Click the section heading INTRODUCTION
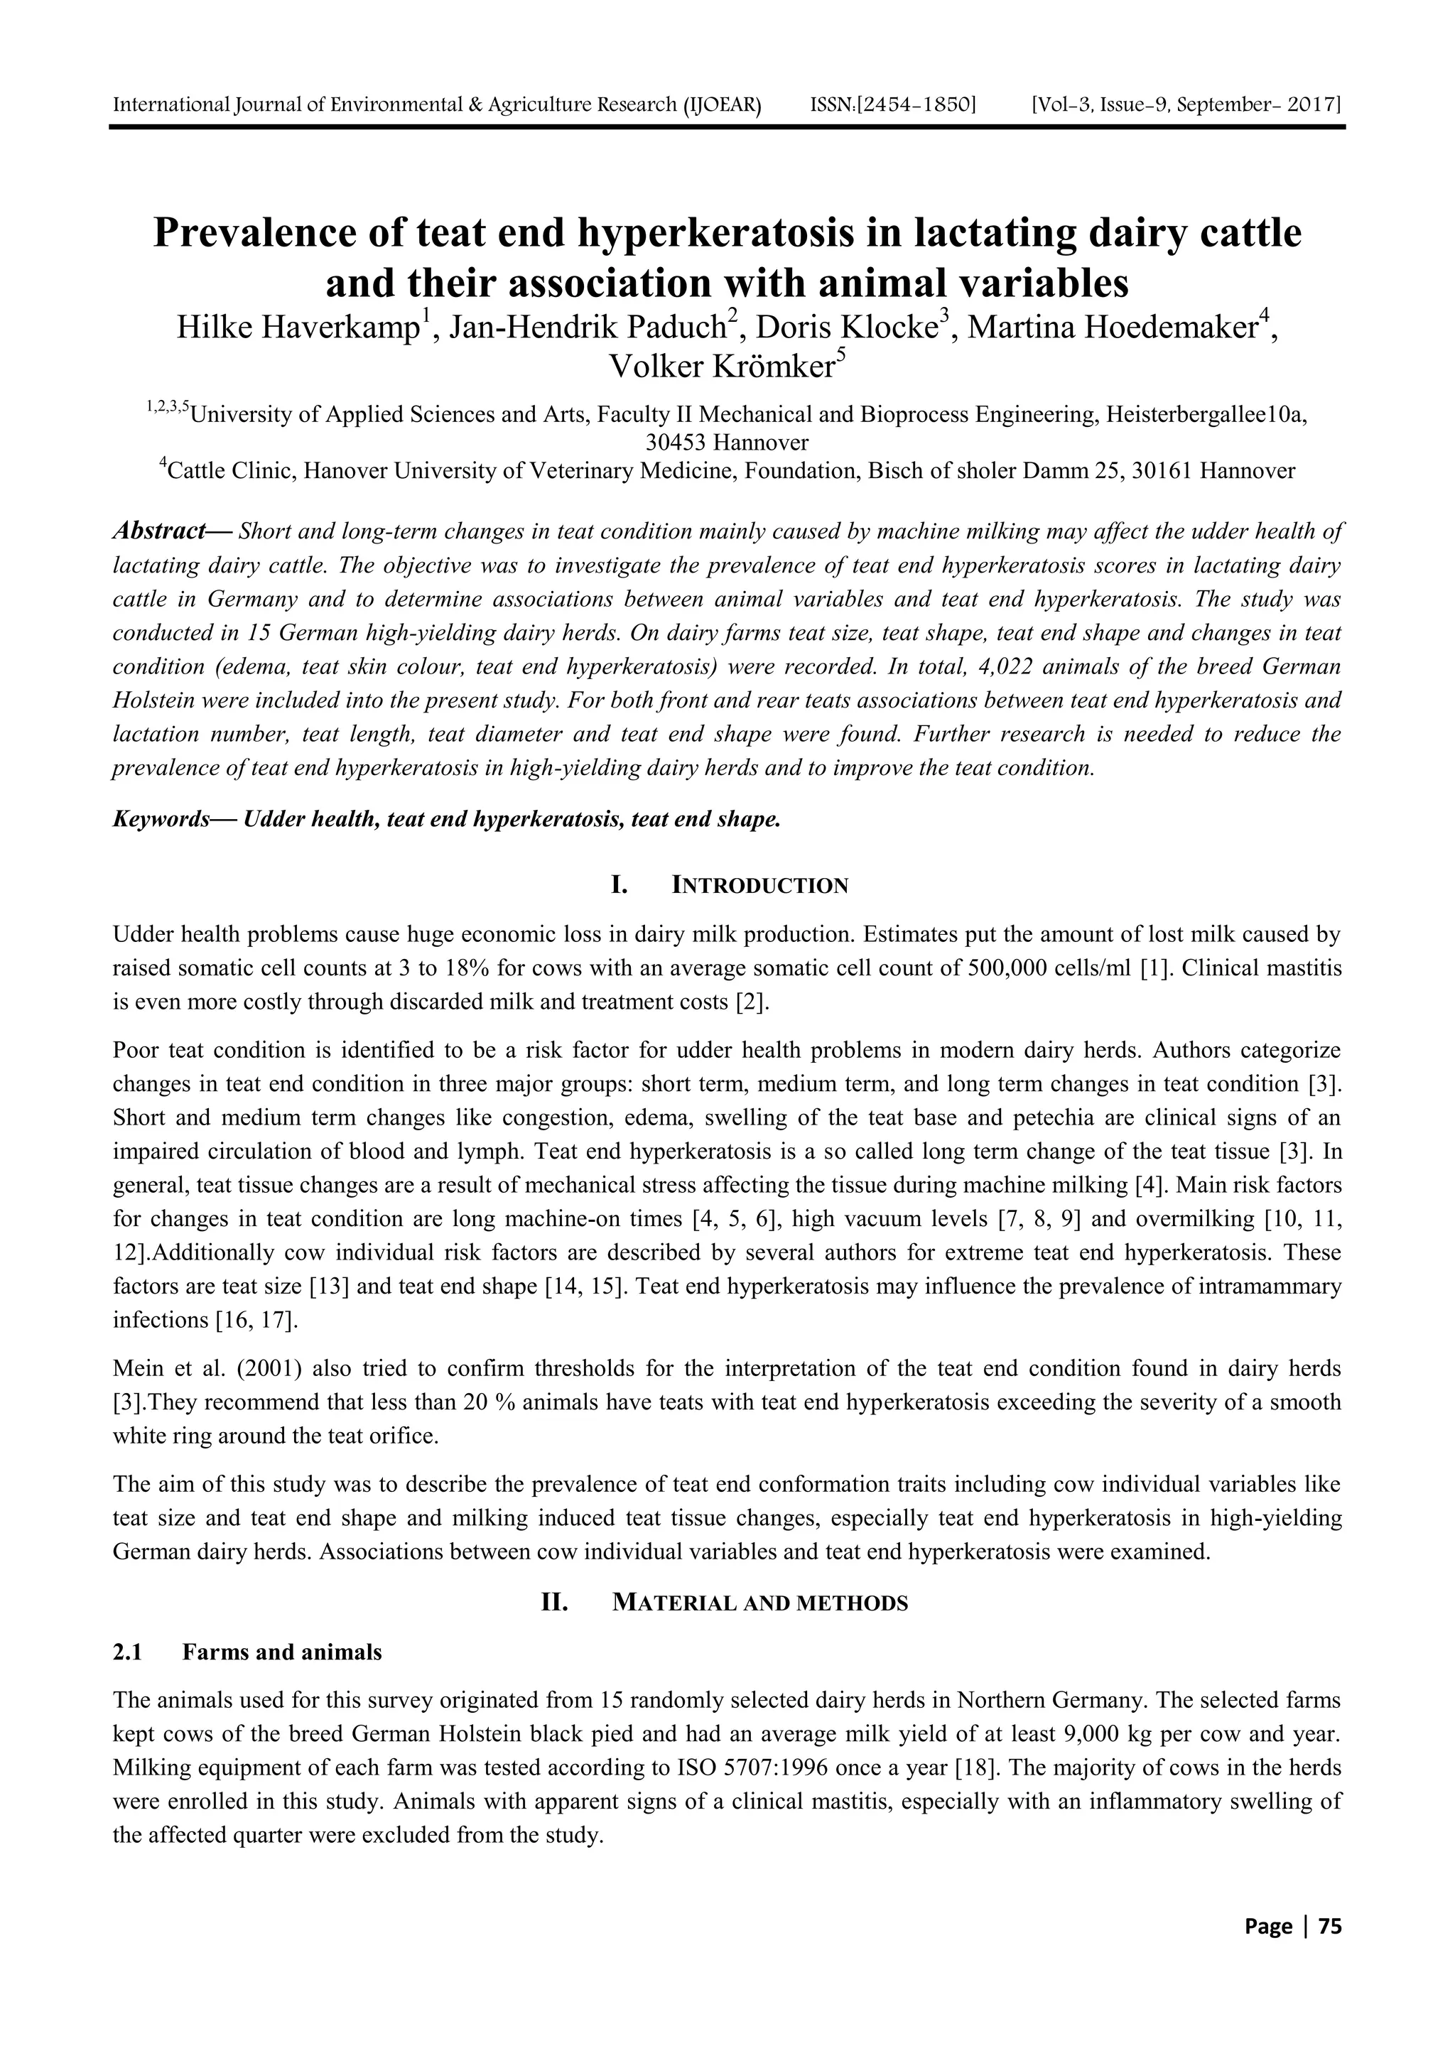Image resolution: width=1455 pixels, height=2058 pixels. pyautogui.click(x=759, y=887)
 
